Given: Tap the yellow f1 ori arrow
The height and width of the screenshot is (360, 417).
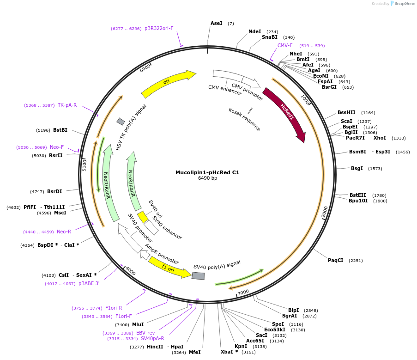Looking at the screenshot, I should (x=169, y=268).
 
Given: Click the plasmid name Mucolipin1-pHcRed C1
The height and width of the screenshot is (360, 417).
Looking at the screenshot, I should (x=207, y=172).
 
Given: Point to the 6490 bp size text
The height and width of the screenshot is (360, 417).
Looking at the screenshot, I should (x=207, y=178).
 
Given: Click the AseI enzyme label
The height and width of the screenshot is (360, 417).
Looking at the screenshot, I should (x=217, y=23).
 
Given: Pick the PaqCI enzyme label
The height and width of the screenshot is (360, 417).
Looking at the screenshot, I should (x=336, y=260).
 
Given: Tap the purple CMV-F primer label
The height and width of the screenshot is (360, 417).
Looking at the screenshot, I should (x=285, y=45).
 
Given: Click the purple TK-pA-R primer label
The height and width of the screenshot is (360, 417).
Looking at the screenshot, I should (x=67, y=105).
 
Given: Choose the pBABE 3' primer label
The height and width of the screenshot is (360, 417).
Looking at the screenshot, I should (x=89, y=283).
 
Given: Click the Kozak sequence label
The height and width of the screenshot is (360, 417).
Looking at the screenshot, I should (x=244, y=120).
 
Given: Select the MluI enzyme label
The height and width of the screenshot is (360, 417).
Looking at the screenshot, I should (x=138, y=324).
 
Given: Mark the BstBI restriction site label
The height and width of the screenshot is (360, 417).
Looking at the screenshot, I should (x=60, y=130).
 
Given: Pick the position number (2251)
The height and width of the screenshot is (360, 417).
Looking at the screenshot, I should (x=356, y=261).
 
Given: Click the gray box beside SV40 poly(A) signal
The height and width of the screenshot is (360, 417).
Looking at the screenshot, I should (x=198, y=276).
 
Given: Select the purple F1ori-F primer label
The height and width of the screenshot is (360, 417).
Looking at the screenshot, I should (x=123, y=316).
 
